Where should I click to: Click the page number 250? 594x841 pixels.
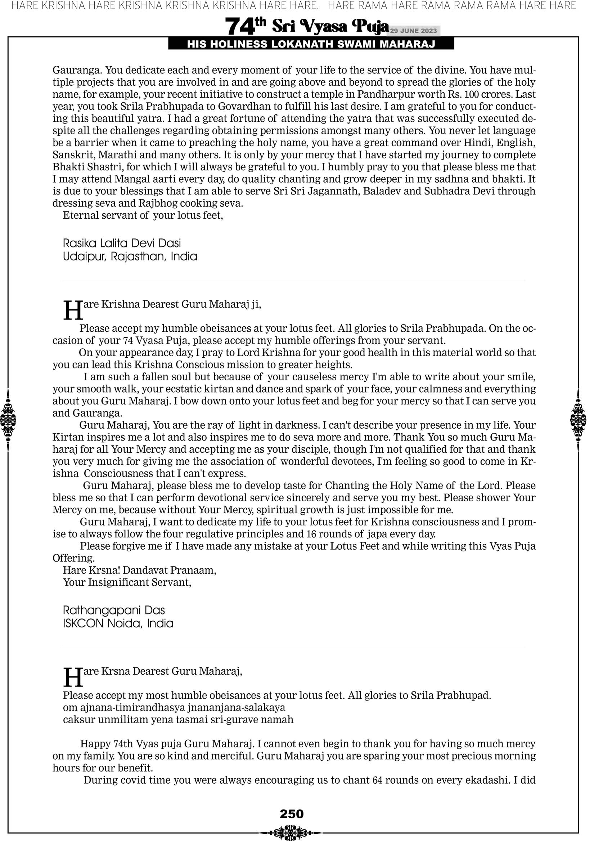292,814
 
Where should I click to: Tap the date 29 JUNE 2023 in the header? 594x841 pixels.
413,31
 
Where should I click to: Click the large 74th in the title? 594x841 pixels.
245,26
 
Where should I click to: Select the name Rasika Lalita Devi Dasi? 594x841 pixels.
122,243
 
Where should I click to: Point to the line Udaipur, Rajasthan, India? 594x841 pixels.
130,256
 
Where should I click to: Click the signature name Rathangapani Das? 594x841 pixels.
113,610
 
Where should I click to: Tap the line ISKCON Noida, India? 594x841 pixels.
118,623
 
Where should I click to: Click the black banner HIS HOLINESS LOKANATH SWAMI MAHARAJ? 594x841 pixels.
311,44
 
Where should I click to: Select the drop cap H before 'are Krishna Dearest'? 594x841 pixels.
73,310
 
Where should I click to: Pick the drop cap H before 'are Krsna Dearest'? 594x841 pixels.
73,677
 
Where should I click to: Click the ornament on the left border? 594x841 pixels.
8,420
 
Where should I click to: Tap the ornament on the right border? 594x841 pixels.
578,420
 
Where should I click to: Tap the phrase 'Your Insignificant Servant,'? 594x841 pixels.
127,582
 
